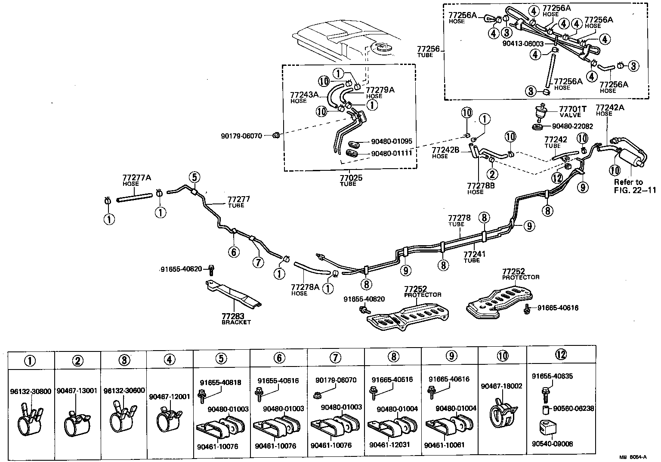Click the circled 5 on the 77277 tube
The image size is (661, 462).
[194, 177]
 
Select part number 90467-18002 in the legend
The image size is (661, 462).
[501, 386]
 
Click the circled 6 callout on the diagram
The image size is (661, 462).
[234, 252]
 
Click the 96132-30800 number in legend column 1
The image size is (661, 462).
[31, 391]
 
